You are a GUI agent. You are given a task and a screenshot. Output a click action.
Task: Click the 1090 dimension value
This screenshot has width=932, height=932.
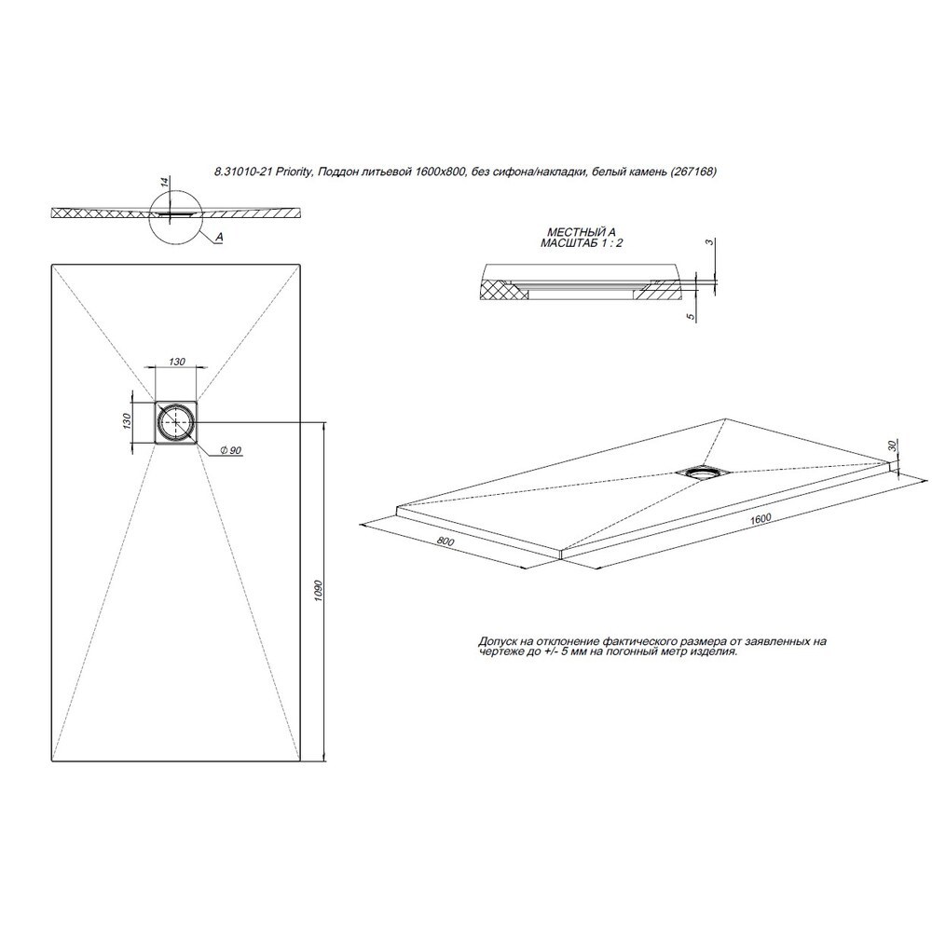click(x=318, y=592)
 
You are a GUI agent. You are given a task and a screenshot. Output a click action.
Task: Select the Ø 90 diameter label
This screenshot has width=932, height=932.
click(x=230, y=451)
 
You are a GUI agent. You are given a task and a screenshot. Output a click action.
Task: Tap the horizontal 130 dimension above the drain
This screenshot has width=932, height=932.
click(x=177, y=362)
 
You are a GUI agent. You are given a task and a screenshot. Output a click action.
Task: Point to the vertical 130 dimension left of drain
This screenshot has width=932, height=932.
click(x=126, y=421)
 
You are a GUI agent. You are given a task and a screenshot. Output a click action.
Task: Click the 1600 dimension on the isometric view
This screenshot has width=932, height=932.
click(x=761, y=519)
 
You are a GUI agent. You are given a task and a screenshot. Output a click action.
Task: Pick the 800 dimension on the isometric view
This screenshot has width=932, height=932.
click(x=445, y=541)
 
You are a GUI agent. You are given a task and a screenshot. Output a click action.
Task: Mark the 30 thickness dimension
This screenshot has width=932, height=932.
click(x=892, y=445)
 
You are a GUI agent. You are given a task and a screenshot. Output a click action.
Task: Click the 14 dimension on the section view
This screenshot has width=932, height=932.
click(x=166, y=181)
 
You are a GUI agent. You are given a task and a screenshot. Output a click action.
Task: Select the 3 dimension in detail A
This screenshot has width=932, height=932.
click(x=708, y=242)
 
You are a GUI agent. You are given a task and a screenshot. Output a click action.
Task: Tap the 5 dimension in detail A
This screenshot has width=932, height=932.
click(x=690, y=317)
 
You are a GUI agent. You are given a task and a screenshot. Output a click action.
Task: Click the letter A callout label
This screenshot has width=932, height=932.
click(x=219, y=237)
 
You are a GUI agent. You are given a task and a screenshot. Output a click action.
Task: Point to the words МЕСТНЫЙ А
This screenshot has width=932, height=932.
click(x=581, y=233)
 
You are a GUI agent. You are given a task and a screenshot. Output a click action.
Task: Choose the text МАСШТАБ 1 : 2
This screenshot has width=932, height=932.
click(x=582, y=243)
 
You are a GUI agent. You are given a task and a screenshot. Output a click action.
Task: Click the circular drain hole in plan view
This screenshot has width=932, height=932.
click(x=176, y=421)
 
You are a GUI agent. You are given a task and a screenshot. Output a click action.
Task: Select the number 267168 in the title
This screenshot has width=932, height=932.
click(x=695, y=171)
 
